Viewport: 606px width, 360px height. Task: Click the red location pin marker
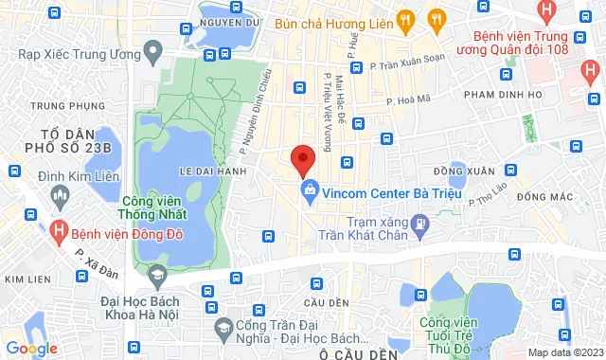pos(302,159)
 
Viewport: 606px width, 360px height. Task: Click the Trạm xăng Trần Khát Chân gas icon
pos(421,224)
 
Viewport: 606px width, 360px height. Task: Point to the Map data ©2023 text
pos(563,352)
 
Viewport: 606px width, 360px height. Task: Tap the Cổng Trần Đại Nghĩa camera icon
pos(223,330)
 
